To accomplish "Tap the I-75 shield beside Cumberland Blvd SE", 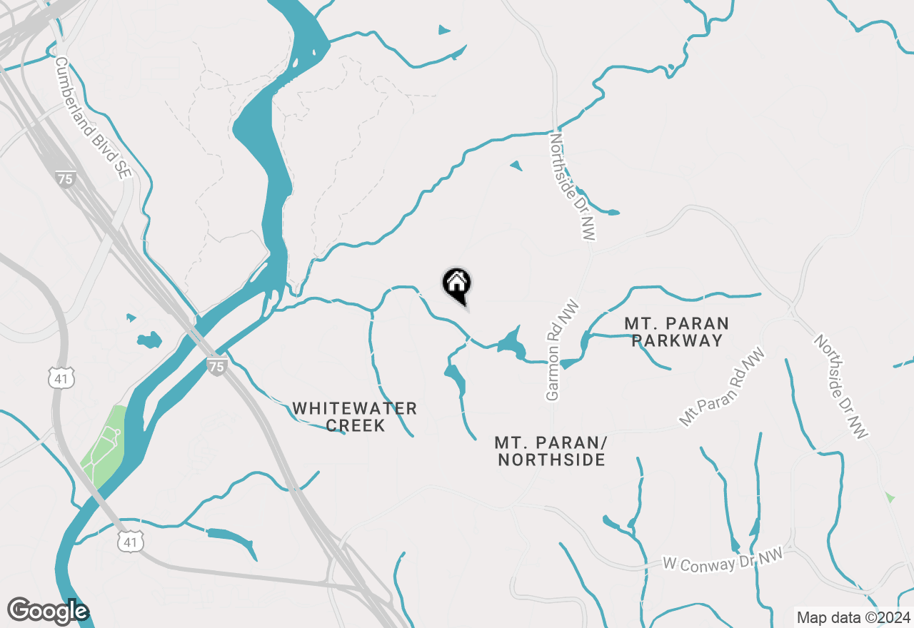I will click(65, 178).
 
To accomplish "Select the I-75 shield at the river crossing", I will click(217, 366).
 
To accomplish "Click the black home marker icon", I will click(457, 284).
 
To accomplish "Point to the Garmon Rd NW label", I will click(562, 350).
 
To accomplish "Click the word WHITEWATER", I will click(354, 409).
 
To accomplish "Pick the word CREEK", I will click(355, 426).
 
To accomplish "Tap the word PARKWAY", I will click(677, 341).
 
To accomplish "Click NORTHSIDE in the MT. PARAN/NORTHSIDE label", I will click(551, 460).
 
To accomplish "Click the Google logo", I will click(48, 611).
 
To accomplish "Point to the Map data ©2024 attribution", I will click(853, 617).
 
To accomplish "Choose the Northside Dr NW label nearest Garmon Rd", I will click(573, 186).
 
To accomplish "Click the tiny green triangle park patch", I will click(889, 497).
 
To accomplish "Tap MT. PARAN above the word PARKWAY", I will click(677, 323).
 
